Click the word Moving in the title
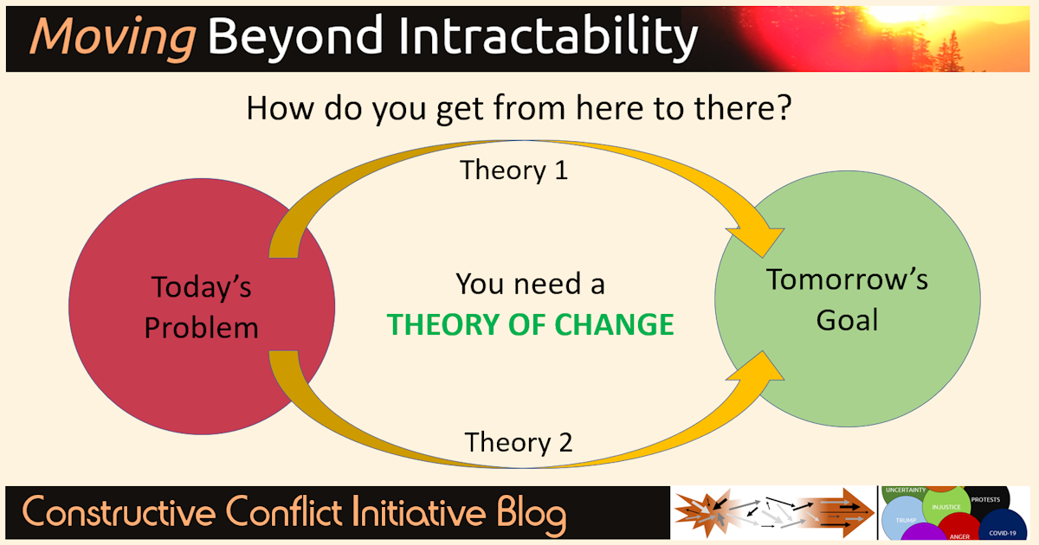pyautogui.click(x=113, y=36)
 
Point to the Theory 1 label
pyautogui.click(x=513, y=170)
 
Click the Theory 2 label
pyautogui.click(x=518, y=442)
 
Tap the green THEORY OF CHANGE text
pyautogui.click(x=530, y=325)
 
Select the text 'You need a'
pyautogui.click(x=530, y=284)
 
